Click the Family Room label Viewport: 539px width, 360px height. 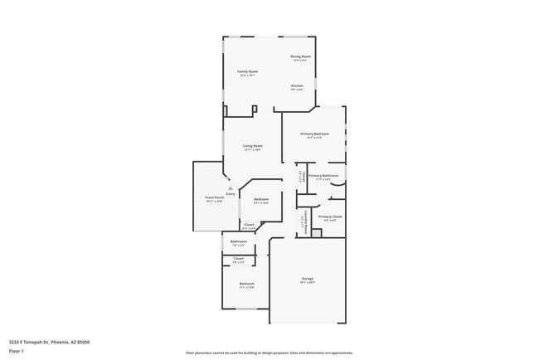point(248,72)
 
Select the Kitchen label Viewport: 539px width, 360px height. point(297,86)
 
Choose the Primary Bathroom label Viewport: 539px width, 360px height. point(323,176)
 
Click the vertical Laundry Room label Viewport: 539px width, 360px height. point(306,221)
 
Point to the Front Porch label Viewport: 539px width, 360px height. point(214,198)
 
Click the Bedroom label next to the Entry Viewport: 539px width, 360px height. point(261,199)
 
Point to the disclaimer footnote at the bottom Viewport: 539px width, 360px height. point(269,352)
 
